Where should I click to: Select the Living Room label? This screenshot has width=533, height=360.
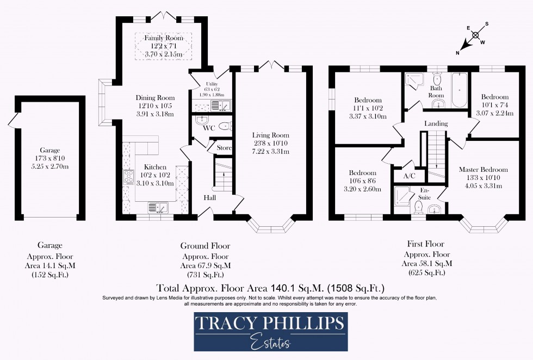pos(270,135)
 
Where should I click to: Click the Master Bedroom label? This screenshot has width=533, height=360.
pos(483,170)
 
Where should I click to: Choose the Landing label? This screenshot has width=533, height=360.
pos(436,123)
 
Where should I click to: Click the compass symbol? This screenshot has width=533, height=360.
pos(475,35)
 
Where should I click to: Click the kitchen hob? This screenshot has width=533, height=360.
pos(129,178)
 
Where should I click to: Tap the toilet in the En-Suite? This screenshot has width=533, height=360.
pos(419,207)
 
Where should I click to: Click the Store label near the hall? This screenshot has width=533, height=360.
pos(224,148)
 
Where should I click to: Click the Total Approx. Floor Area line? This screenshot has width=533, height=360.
pos(270,287)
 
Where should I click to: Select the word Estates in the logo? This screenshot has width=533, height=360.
pos(270,343)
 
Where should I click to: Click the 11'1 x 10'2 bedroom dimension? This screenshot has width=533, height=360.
pos(368,109)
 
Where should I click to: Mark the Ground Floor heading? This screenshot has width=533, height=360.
pos(205,246)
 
